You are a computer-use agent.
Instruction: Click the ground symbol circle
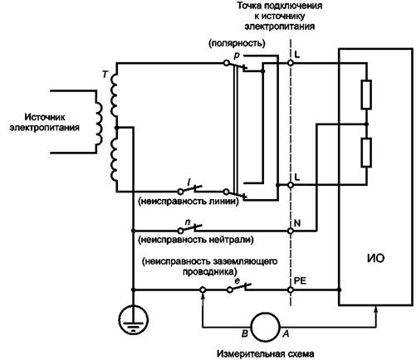point(120,319)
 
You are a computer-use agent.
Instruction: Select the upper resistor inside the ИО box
point(366,95)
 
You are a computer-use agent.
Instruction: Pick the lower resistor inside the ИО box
point(366,153)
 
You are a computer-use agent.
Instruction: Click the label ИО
point(375,258)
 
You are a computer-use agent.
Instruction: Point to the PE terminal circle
point(291,289)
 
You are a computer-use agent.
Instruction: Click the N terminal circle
point(291,231)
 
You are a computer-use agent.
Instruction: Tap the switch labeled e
point(239,288)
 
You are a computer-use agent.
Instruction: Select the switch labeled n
point(189,228)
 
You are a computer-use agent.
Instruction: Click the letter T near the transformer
point(105,74)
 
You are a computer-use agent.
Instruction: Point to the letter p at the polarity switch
point(237,56)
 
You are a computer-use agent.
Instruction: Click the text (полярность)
point(237,43)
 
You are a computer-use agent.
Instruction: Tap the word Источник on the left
point(45,117)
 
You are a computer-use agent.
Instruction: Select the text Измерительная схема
point(266,354)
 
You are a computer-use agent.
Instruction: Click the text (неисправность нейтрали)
point(196,240)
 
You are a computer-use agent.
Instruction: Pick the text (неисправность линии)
point(188,202)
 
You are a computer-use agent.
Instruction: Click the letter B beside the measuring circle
point(245,334)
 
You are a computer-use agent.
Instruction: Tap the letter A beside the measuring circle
point(286,334)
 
